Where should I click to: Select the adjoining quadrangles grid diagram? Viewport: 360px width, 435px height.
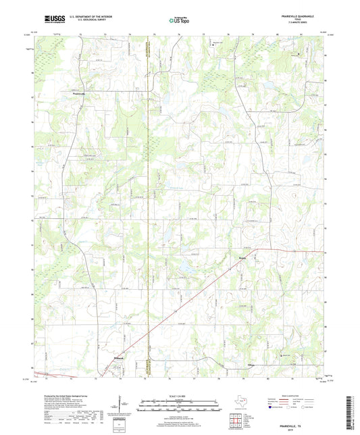click(236, 423)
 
